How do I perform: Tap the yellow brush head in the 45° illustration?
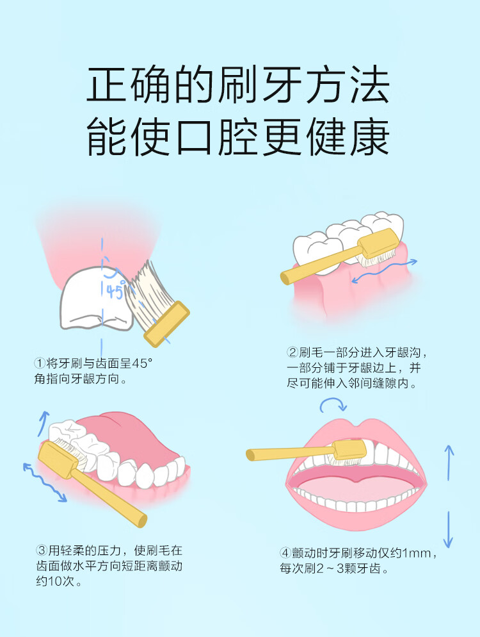click(x=167, y=324)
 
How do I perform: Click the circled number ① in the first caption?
click(x=40, y=363)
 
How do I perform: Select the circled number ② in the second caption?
click(x=292, y=352)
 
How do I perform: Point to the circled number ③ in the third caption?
click(x=42, y=550)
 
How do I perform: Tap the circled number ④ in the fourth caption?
click(x=285, y=552)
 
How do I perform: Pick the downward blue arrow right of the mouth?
click(x=449, y=529)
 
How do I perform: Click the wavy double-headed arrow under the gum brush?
click(x=383, y=270)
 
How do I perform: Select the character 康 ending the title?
click(x=370, y=137)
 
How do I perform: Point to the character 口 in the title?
click(x=195, y=137)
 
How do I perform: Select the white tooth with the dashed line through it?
click(x=96, y=299)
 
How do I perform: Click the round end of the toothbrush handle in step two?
click(x=285, y=278)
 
